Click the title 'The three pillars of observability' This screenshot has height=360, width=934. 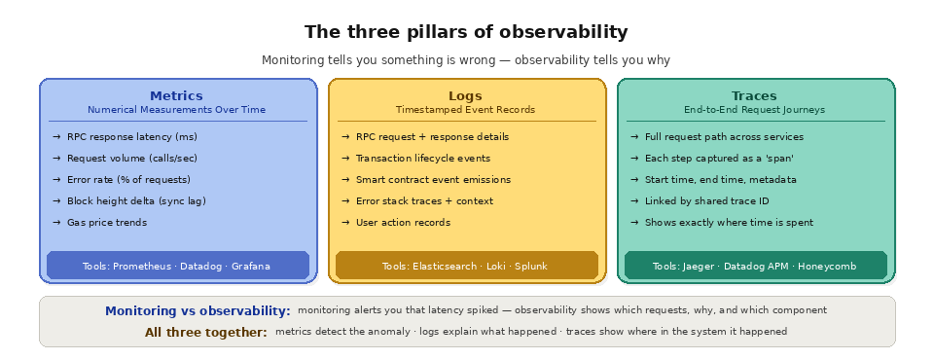[466, 32]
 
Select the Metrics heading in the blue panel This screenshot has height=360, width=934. [176, 95]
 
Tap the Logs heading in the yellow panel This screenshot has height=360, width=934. [465, 95]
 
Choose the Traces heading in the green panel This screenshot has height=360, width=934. [754, 95]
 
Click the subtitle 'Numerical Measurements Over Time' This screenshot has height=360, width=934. [176, 110]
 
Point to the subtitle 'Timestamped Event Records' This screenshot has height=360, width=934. [465, 110]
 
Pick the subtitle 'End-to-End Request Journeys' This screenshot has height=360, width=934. [754, 110]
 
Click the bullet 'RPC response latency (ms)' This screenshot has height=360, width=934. [132, 137]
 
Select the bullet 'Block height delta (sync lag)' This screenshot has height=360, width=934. [136, 201]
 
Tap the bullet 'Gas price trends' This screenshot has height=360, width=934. [107, 223]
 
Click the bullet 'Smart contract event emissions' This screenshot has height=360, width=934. [433, 180]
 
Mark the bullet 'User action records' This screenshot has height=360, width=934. [403, 223]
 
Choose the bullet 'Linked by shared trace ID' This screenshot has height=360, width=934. [706, 201]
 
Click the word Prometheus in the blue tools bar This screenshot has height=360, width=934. [144, 266]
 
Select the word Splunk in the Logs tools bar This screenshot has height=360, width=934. [531, 266]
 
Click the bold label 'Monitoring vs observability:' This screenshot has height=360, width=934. [198, 311]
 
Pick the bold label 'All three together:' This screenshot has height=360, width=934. [205, 333]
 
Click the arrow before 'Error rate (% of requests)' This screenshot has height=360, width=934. [56, 180]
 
